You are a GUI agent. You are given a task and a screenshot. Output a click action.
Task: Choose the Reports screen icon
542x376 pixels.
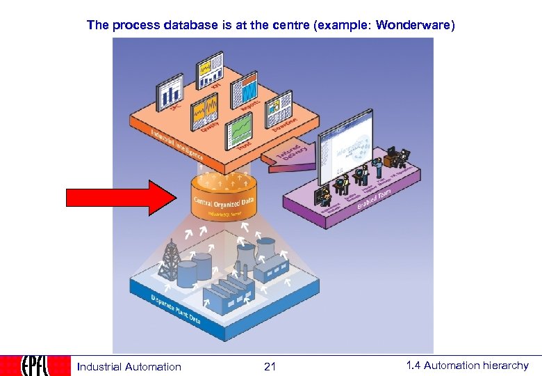pos(247,91)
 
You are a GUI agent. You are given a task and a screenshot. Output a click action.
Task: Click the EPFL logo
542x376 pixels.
pos(35,366)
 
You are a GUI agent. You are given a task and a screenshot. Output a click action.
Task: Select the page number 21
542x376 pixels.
pos(270,366)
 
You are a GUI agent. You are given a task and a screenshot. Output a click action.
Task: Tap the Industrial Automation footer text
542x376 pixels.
pos(129,366)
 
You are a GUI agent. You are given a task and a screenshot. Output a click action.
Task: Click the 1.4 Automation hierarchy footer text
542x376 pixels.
pos(467,366)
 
